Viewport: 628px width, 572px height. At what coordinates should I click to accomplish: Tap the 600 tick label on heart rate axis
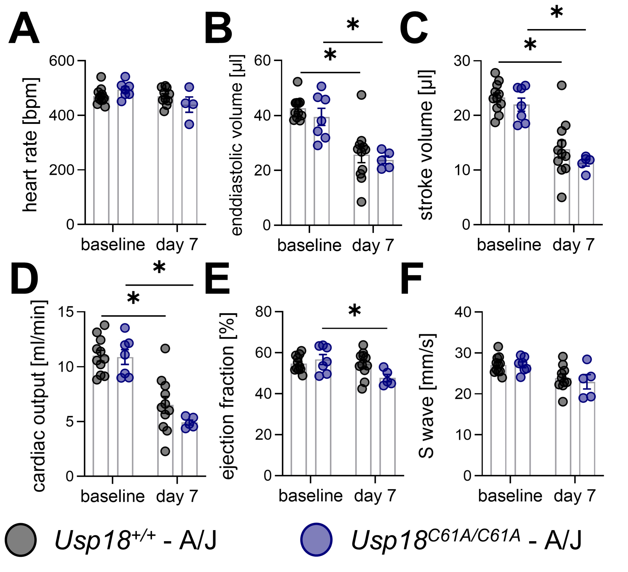[61, 61]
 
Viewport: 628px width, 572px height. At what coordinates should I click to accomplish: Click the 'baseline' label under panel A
[113, 245]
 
